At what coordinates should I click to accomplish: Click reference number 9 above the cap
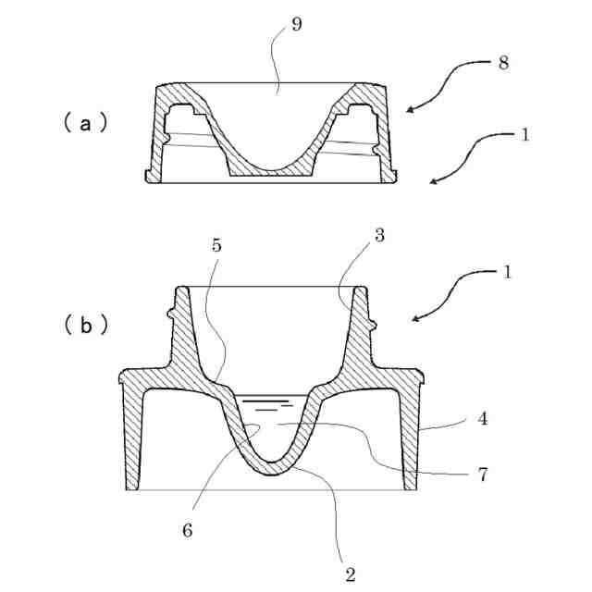[x=296, y=24]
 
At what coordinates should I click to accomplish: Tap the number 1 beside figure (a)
[x=524, y=134]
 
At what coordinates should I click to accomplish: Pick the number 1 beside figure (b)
[x=507, y=274]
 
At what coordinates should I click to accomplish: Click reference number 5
[x=216, y=246]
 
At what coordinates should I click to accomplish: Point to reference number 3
[x=380, y=236]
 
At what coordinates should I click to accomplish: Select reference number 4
[x=482, y=419]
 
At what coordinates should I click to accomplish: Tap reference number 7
[x=483, y=475]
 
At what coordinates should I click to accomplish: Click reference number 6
[x=188, y=532]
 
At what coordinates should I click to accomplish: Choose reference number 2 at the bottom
[x=351, y=574]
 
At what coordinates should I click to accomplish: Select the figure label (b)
[x=86, y=325]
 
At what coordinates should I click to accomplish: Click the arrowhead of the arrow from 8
[x=408, y=111]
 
